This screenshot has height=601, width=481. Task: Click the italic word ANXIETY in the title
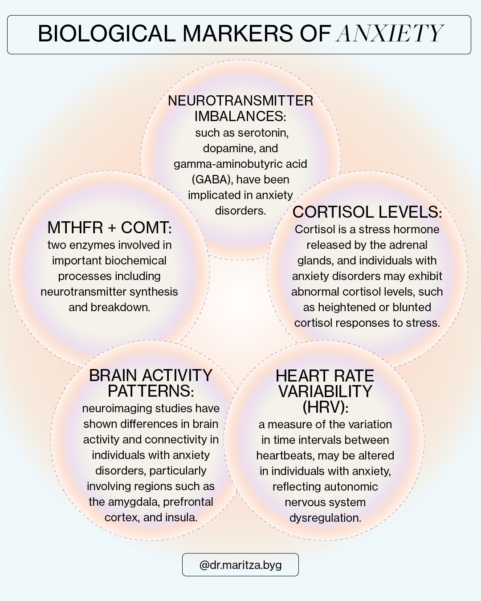click(x=390, y=33)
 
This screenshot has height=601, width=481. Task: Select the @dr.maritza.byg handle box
click(x=240, y=565)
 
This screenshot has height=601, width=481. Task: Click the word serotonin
click(x=264, y=133)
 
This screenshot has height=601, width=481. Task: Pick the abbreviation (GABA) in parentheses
click(x=212, y=180)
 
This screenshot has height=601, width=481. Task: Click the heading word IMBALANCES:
click(x=240, y=116)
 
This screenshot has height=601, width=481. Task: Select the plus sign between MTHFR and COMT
click(x=112, y=228)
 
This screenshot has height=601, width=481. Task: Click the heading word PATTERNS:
click(x=151, y=391)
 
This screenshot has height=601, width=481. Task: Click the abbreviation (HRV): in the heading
click(x=325, y=407)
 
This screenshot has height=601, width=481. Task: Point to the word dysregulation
click(x=325, y=518)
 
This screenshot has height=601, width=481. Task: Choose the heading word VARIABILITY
click(x=325, y=392)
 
